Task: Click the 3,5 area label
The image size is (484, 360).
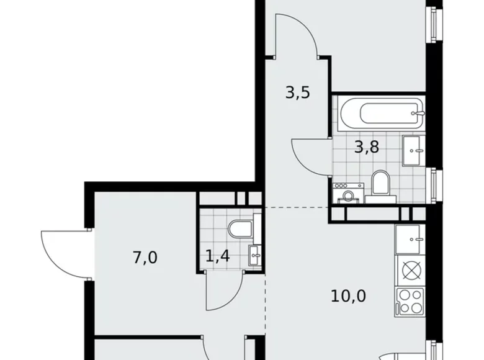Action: coord(297,94)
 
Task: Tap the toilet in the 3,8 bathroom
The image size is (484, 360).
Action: coord(380,186)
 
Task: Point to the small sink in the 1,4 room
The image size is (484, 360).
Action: coord(255,254)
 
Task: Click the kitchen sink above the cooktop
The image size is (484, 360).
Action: coord(409,237)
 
